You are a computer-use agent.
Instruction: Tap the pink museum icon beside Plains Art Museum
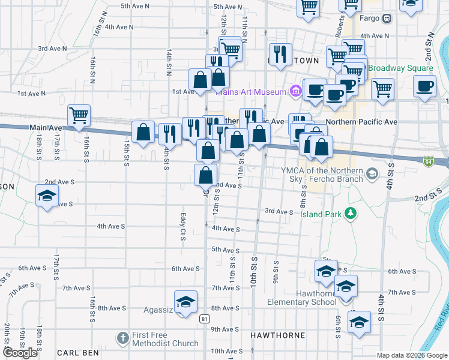point(295,91)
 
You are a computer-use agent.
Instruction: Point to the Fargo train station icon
point(388,18)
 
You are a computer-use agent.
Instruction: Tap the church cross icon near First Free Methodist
point(123,338)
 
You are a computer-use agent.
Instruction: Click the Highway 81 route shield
point(205,319)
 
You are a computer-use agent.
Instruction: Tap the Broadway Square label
point(400,68)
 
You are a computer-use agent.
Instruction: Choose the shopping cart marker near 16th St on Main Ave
point(79,115)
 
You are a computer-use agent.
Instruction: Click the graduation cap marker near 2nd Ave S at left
point(47,196)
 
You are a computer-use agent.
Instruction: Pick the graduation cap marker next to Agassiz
point(186,301)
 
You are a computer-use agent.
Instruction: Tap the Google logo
point(20,353)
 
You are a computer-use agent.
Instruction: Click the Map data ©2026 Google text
point(411,355)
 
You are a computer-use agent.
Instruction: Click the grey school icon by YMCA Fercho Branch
point(372,174)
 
